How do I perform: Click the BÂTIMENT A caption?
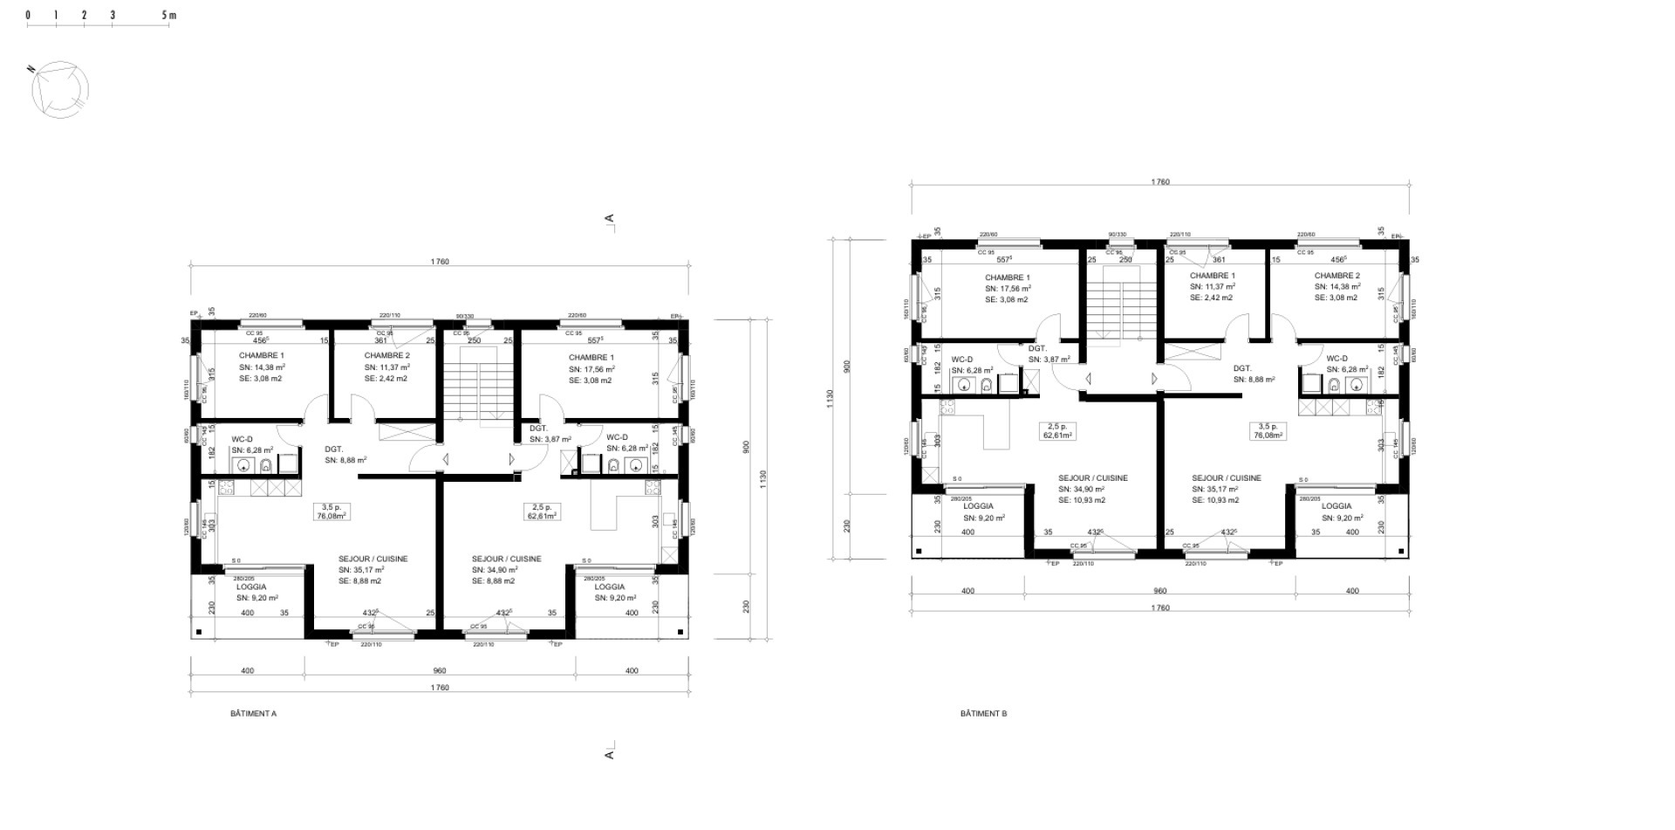point(253,713)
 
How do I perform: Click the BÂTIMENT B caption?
point(983,713)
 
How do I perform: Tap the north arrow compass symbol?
point(60,88)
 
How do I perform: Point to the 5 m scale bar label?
point(169,16)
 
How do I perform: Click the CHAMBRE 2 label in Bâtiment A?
point(386,355)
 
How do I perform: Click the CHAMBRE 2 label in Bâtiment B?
point(1337,276)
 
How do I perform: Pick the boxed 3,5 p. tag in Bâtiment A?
point(332,511)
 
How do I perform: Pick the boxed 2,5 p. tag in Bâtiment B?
point(1057,430)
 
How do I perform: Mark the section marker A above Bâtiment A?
point(610,220)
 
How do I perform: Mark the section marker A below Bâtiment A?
point(610,751)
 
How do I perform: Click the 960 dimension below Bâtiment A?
point(440,671)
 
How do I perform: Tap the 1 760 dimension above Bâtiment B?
point(1160,182)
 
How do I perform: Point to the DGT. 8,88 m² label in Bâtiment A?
point(345,455)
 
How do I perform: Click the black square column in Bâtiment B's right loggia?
point(1400,552)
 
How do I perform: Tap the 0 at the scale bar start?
point(28,16)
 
